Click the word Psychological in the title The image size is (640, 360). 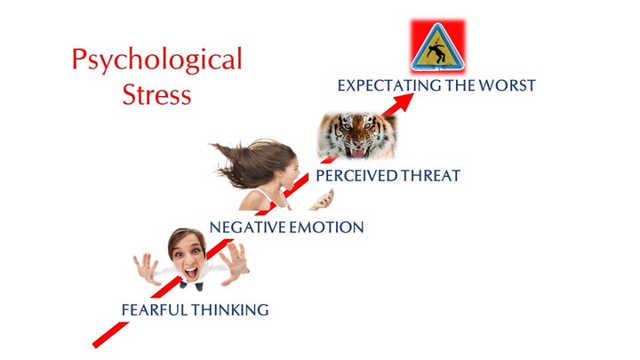[157, 60]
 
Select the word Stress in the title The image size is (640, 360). [156, 94]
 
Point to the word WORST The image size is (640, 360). [507, 85]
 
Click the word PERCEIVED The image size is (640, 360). [356, 176]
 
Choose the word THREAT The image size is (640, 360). [430, 176]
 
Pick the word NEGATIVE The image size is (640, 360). [248, 228]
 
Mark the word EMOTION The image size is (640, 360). [326, 228]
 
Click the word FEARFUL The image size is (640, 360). [155, 310]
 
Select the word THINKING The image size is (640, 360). [230, 310]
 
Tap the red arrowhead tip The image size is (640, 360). [413, 94]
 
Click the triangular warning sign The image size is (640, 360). [437, 47]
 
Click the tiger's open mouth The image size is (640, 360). [358, 152]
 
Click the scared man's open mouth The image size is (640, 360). [191, 272]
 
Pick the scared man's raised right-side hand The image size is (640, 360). [234, 263]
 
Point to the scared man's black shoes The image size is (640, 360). [191, 285]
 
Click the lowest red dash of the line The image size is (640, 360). [110, 335]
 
